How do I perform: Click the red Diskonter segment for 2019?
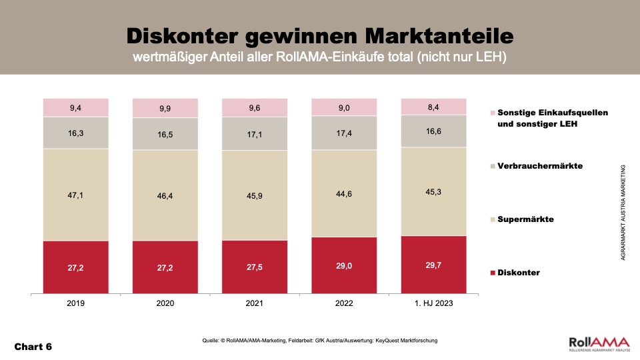coord(76,267)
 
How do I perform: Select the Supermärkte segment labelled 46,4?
coord(165,195)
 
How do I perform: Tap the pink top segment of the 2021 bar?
coord(255,108)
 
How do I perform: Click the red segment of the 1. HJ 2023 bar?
coord(433,265)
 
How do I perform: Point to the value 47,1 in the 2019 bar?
coord(76,194)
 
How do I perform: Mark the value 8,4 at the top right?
coord(433,106)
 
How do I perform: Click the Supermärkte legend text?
coord(527,219)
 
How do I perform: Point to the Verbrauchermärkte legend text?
coord(541,165)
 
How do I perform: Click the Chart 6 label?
coord(33,347)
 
